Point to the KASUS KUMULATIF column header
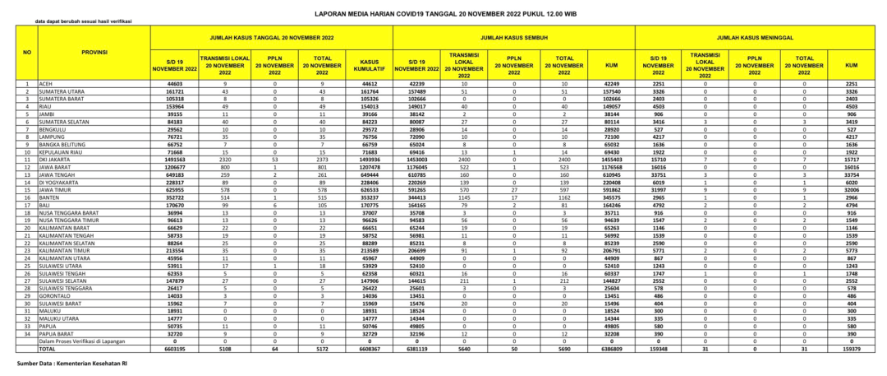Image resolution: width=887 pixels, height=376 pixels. coord(370,65)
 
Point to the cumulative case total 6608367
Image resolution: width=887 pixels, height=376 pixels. coord(370,348)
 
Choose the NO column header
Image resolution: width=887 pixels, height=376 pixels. coord(26,52)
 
